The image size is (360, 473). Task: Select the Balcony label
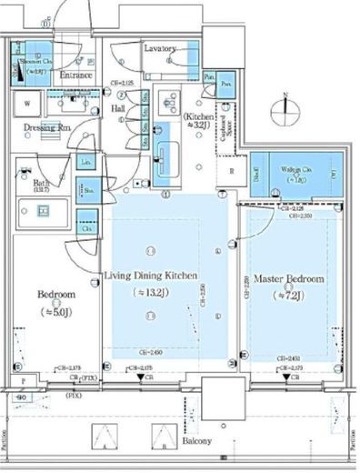tap(195, 441)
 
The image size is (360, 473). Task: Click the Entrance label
tap(77, 75)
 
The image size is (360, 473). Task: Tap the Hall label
tap(118, 107)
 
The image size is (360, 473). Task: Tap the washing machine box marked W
tap(26, 104)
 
